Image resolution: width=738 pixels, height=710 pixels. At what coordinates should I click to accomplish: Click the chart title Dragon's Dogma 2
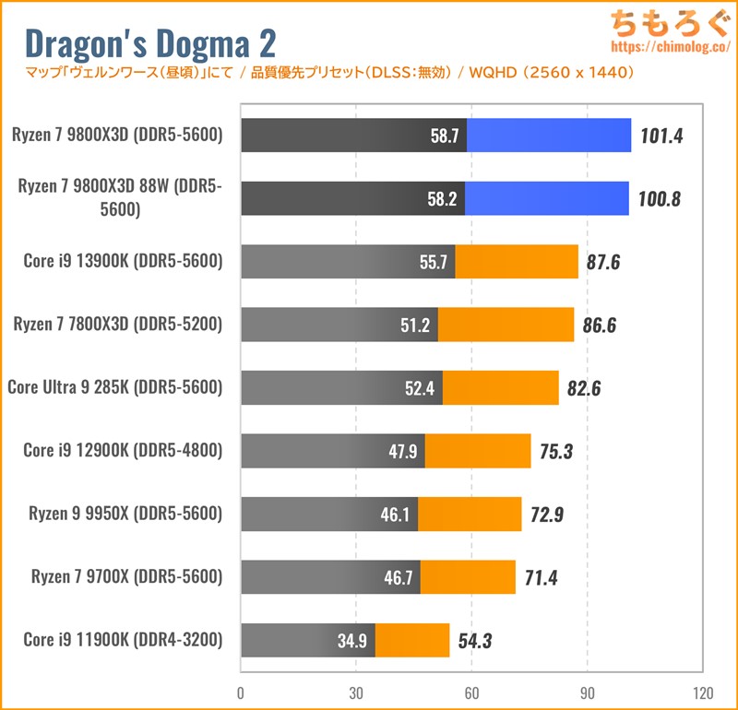pos(149,42)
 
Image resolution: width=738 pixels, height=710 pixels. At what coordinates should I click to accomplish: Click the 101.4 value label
pos(663,136)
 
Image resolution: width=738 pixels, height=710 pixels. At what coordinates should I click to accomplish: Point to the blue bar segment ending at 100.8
pos(546,198)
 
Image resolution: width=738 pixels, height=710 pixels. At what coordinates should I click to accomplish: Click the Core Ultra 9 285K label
pos(115,387)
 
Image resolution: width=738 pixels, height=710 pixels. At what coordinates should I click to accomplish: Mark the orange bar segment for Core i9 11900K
pos(412,641)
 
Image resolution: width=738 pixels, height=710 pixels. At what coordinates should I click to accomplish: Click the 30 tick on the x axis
pos(356,693)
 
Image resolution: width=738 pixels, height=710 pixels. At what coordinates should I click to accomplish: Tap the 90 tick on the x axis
pos(587,693)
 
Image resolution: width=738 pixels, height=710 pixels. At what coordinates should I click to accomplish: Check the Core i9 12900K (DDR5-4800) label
pos(124,451)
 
